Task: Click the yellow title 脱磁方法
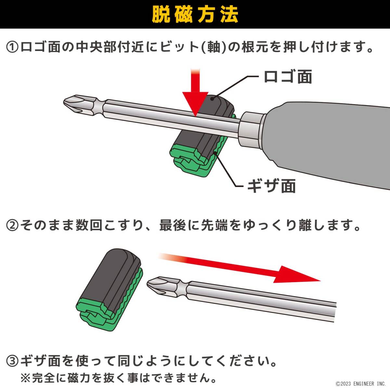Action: pos(195,15)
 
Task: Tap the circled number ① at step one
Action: pos(12,47)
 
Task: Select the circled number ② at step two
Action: pos(12,226)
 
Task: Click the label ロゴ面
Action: pos(288,76)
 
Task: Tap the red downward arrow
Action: pos(195,93)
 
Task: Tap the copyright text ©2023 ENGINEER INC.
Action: pos(360,383)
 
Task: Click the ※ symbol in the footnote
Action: pos(25,378)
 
